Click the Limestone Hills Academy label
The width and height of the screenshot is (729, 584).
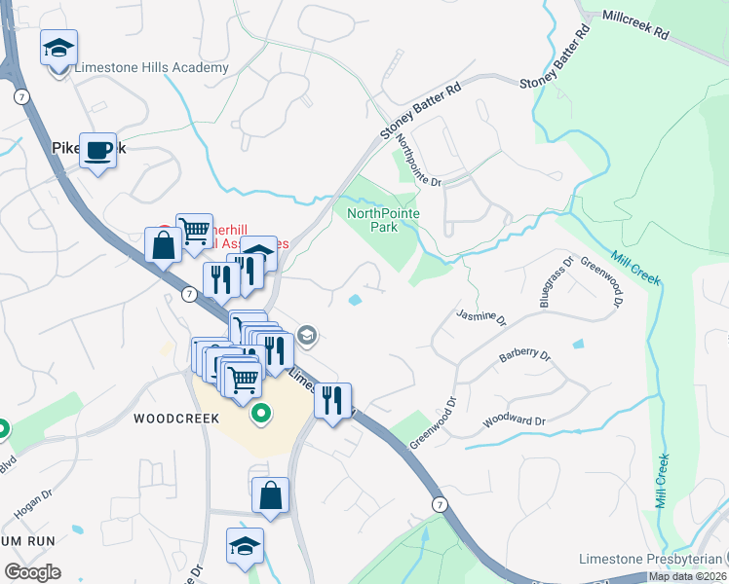tap(151, 68)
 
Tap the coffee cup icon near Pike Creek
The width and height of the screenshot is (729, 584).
tap(97, 150)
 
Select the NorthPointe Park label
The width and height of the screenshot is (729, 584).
tap(372, 219)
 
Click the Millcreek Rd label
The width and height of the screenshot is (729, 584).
tap(635, 25)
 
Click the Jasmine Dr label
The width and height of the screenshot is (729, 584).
tap(482, 317)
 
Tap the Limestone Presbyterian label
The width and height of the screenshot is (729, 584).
tap(650, 559)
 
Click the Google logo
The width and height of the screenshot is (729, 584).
tap(32, 572)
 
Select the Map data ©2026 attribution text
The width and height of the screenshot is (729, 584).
tap(688, 576)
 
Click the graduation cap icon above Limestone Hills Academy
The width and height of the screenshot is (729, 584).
tap(58, 47)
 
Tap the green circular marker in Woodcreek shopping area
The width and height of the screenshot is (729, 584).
tap(260, 416)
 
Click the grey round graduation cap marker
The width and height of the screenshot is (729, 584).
tap(307, 336)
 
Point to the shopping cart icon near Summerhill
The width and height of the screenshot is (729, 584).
tap(195, 231)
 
